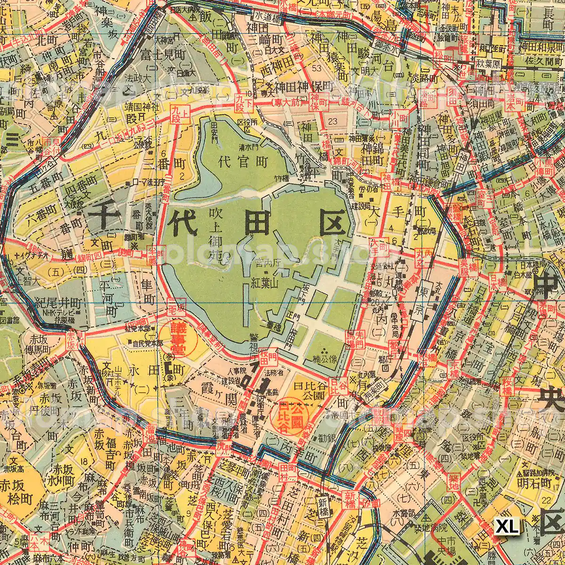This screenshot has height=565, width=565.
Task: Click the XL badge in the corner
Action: (507, 525)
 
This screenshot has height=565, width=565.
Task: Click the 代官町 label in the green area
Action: (243, 162)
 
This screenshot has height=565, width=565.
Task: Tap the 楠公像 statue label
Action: (325, 363)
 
